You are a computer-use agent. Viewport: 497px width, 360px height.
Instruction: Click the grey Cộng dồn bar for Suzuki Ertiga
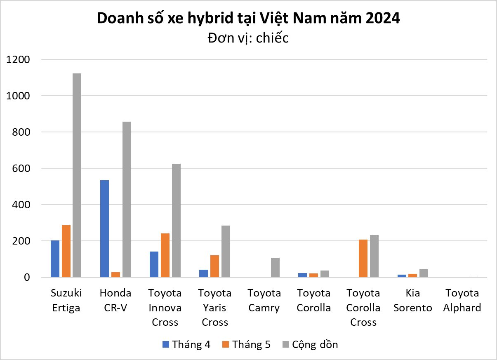click(x=77, y=175)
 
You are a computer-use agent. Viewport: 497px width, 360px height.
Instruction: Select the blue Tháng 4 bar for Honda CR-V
click(x=105, y=228)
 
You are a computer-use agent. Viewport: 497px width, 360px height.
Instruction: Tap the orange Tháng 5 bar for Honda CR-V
click(x=115, y=275)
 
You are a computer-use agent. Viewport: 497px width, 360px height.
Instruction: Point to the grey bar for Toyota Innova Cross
click(x=176, y=220)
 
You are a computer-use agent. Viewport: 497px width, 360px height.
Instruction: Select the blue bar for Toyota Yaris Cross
click(x=204, y=273)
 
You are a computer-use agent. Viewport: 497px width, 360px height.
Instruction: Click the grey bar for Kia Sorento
click(x=424, y=273)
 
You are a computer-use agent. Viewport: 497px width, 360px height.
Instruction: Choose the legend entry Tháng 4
click(x=186, y=344)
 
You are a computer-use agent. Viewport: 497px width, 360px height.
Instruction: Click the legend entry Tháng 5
click(x=246, y=344)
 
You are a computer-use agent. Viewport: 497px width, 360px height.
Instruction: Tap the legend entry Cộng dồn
click(x=310, y=344)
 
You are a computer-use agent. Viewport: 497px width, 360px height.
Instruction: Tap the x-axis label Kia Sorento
click(x=412, y=300)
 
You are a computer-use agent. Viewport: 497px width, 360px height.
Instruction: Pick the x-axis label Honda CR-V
click(x=115, y=300)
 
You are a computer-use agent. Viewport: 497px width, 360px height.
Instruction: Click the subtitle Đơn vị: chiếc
click(x=248, y=38)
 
